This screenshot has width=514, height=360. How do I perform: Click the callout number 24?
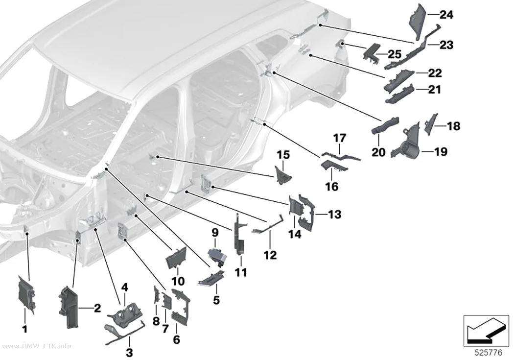point(446,15)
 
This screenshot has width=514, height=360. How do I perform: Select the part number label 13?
point(335,215)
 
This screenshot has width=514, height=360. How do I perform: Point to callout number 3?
point(130,353)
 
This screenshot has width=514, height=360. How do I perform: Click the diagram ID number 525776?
point(489,353)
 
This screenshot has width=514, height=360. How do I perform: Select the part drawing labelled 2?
point(68,307)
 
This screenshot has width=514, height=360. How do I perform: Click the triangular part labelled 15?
point(281,175)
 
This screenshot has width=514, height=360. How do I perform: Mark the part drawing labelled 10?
point(176,258)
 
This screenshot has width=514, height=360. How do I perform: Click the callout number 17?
point(340,138)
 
